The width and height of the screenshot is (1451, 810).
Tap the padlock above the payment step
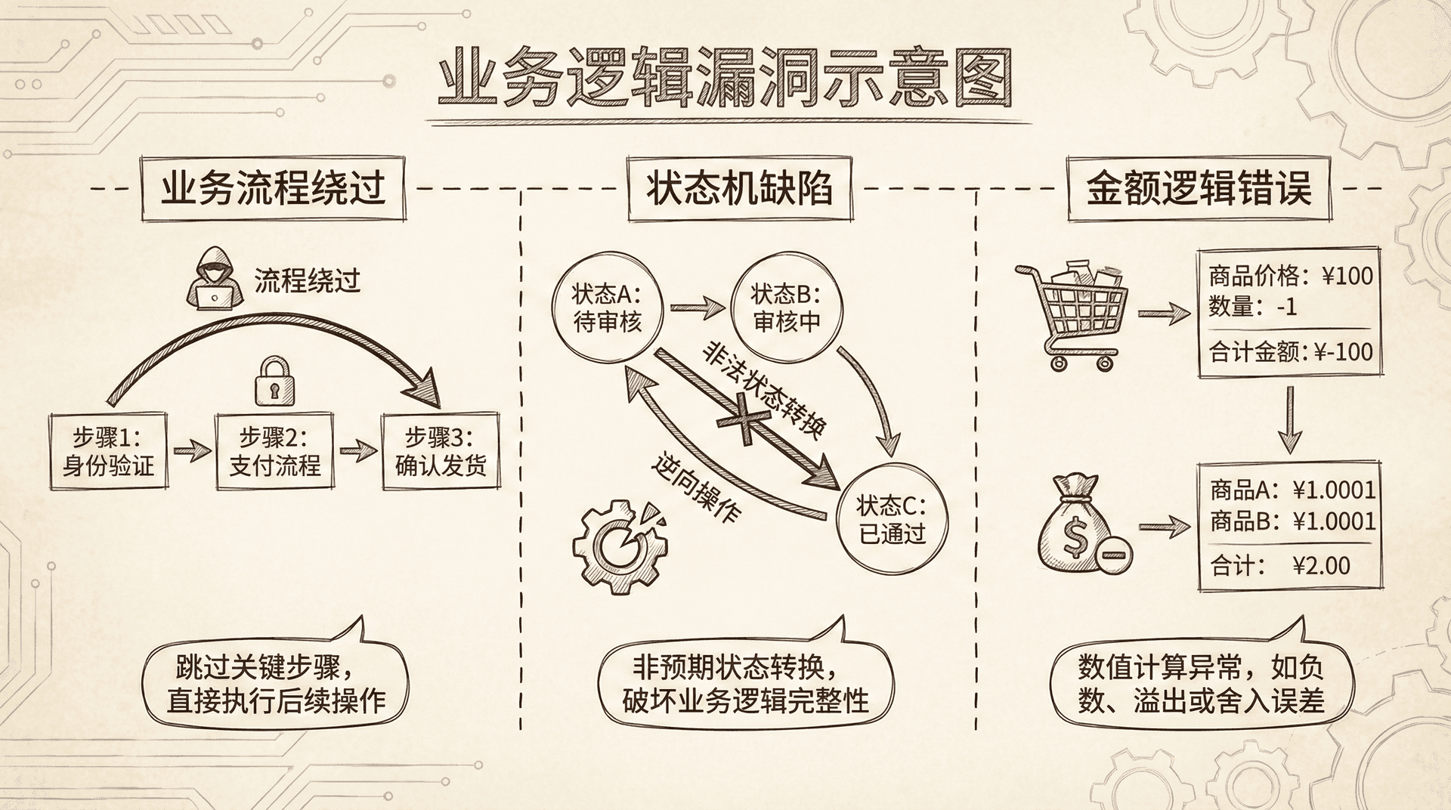pyautogui.click(x=274, y=379)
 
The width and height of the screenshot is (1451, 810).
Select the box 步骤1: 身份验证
pyautogui.click(x=108, y=451)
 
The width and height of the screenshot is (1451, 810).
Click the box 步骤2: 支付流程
pyautogui.click(x=274, y=451)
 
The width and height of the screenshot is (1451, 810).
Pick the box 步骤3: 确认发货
pyautogui.click(x=441, y=451)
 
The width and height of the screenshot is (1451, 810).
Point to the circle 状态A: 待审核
pyautogui.click(x=607, y=308)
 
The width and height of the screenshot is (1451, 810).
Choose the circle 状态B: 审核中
pyautogui.click(x=786, y=308)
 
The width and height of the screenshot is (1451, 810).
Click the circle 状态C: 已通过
pyautogui.click(x=892, y=518)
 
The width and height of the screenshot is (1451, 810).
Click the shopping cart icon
pyautogui.click(x=1072, y=316)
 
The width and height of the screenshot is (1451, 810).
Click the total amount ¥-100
pyautogui.click(x=1342, y=352)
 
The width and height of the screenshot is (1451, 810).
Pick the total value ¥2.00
pyautogui.click(x=1321, y=566)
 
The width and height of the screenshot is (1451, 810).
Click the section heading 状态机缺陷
pyautogui.click(x=739, y=188)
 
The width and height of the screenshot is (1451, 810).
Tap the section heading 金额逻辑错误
pyautogui.click(x=1199, y=188)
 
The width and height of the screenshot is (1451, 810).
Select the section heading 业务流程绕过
pyautogui.click(x=273, y=188)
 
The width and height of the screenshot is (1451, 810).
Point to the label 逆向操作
pyautogui.click(x=695, y=490)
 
